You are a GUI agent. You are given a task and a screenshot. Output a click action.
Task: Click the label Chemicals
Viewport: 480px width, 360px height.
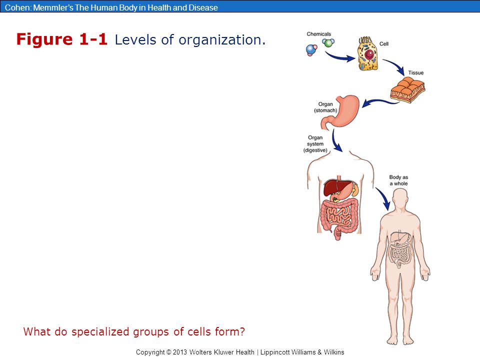(318, 34)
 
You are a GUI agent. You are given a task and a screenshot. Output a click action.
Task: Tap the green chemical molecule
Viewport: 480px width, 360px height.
(328, 42)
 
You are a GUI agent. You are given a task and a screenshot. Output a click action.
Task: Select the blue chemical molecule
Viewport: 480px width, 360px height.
(311, 50)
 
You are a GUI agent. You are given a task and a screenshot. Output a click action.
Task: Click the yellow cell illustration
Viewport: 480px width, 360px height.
(367, 54)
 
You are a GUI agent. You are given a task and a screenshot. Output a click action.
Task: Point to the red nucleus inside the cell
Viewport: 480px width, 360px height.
(369, 54)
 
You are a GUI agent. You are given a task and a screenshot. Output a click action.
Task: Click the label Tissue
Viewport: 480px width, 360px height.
(415, 72)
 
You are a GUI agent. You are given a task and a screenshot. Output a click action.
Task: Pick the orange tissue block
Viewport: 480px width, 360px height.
(408, 89)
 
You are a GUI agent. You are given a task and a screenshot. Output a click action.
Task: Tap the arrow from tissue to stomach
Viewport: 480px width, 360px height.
(379, 102)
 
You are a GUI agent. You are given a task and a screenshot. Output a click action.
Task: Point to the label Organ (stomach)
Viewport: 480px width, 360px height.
(325, 107)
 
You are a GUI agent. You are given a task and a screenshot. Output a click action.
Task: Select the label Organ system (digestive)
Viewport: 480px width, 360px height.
(315, 144)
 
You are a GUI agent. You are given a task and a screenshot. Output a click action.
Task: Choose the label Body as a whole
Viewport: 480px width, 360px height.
(398, 180)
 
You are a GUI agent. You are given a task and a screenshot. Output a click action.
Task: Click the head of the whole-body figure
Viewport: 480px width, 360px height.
(400, 199)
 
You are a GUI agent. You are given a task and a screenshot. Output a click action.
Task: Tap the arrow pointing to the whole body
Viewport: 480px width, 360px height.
(383, 198)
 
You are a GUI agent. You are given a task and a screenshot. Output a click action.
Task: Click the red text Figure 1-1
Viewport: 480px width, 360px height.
(62, 39)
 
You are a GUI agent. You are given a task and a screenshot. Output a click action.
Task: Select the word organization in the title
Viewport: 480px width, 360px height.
(222, 40)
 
